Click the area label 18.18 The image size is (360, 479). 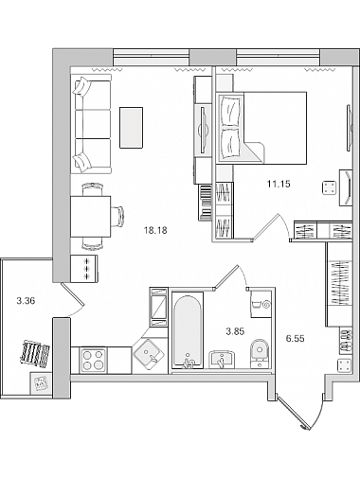(155, 231)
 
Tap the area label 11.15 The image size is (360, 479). (279, 184)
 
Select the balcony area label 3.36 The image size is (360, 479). (26, 301)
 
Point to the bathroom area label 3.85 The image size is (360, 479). (235, 331)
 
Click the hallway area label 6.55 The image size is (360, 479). (295, 339)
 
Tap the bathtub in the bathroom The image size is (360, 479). (188, 330)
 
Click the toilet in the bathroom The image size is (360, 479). (260, 354)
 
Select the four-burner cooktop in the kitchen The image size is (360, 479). (93, 360)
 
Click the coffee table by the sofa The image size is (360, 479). (131, 128)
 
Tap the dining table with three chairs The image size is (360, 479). (91, 217)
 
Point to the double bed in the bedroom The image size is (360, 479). (261, 128)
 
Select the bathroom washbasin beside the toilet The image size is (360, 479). (222, 359)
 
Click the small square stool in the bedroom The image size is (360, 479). (330, 188)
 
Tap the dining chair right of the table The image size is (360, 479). (117, 217)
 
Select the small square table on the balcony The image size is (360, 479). (41, 383)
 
